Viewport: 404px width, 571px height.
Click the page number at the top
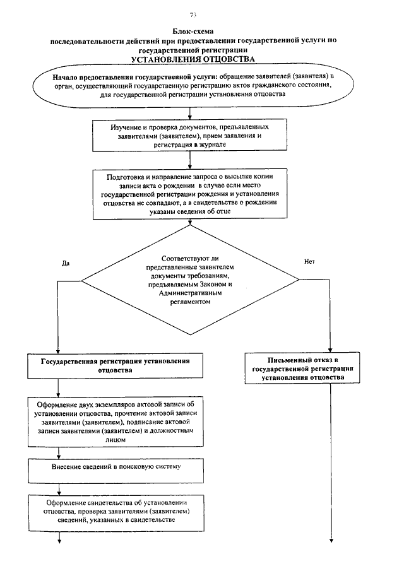[x=193, y=15]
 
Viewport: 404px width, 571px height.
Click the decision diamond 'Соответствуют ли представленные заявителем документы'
[x=192, y=280]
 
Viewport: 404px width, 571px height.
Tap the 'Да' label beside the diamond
[x=65, y=262]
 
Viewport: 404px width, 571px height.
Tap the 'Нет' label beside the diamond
[x=309, y=261]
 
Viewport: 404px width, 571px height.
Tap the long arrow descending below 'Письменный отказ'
[x=330, y=461]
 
